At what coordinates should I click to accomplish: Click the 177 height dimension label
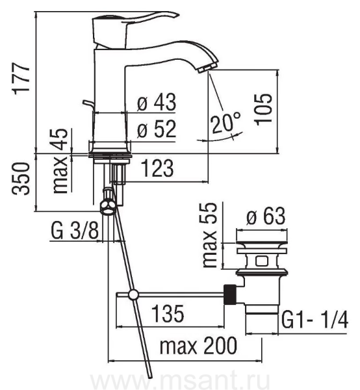pyautogui.click(x=21, y=79)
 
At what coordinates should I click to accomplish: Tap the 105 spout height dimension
pyautogui.click(x=263, y=109)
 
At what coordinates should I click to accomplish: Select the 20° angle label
pyautogui.click(x=226, y=122)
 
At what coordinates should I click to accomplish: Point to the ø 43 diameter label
pyautogui.click(x=157, y=102)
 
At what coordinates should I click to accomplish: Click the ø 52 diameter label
pyautogui.click(x=157, y=129)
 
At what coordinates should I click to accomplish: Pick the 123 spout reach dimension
pyautogui.click(x=157, y=168)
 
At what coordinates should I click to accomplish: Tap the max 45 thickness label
pyautogui.click(x=60, y=161)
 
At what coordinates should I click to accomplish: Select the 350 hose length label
pyautogui.click(x=21, y=178)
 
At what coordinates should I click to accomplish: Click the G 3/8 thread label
pyautogui.click(x=75, y=231)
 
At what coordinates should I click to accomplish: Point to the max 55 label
pyautogui.click(x=209, y=235)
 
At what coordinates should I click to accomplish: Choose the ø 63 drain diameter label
pyautogui.click(x=266, y=216)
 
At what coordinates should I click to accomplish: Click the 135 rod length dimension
pyautogui.click(x=168, y=313)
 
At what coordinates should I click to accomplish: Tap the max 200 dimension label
pyautogui.click(x=198, y=346)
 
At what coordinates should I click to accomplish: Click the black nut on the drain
pyautogui.click(x=230, y=294)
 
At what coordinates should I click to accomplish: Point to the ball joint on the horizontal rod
pyautogui.click(x=133, y=294)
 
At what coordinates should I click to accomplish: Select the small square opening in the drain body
pyautogui.click(x=261, y=261)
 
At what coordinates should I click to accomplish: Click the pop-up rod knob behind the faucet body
pyautogui.click(x=88, y=104)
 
